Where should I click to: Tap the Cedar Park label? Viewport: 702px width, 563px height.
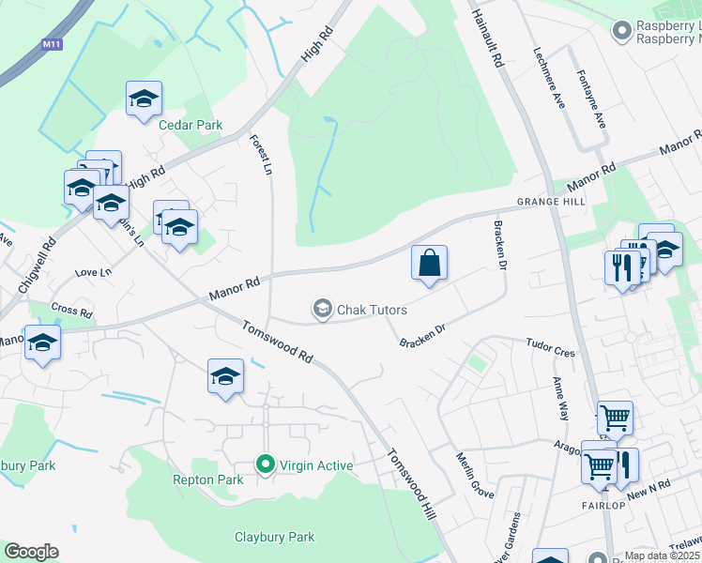[x=191, y=125]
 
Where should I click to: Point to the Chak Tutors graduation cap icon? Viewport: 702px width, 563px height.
[x=323, y=309]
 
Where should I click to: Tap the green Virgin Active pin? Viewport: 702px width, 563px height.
[x=266, y=464]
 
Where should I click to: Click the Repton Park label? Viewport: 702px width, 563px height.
[x=208, y=479]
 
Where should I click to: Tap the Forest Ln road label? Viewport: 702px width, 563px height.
[x=261, y=155]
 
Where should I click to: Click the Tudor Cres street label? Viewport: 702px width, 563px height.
[x=550, y=348]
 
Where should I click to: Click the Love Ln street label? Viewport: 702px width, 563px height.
[x=92, y=272]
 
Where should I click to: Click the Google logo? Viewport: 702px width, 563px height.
[x=31, y=552]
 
